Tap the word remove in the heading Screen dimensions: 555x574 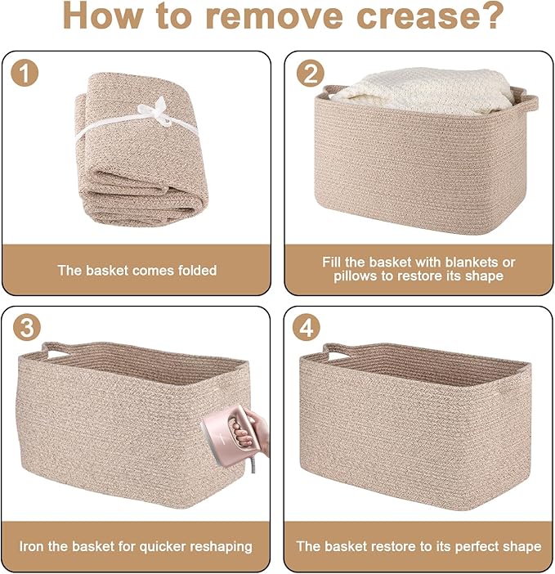(x=275, y=16)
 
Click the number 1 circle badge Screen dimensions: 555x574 (x=25, y=74)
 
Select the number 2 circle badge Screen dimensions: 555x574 (x=311, y=74)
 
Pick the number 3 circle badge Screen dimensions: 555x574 (x=27, y=328)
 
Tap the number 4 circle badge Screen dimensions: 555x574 (x=307, y=328)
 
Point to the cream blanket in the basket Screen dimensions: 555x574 (x=425, y=89)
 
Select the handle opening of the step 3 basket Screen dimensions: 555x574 (x=56, y=354)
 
